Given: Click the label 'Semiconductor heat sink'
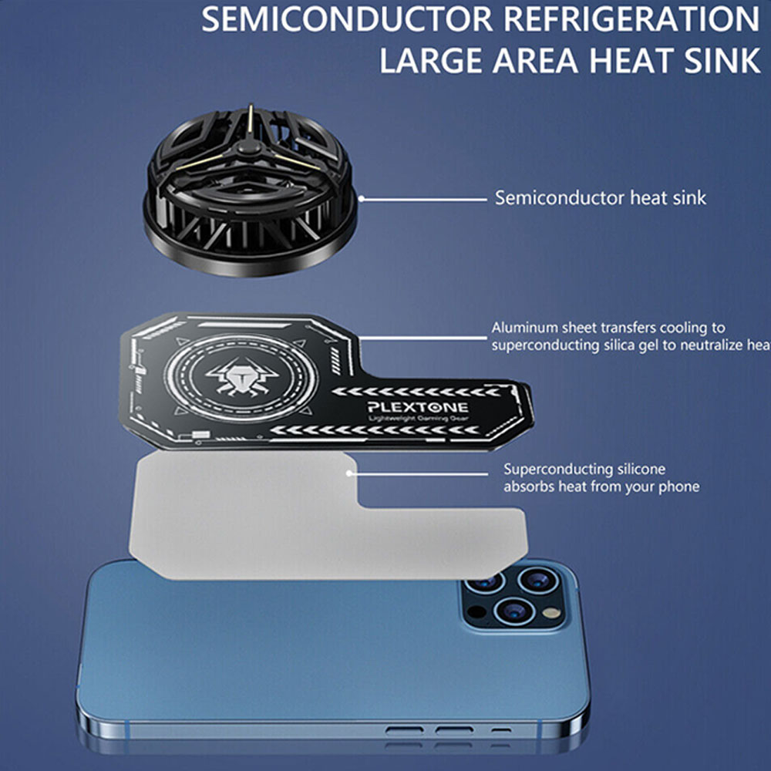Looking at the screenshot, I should (x=600, y=198).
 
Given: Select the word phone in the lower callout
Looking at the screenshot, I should (x=678, y=487).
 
